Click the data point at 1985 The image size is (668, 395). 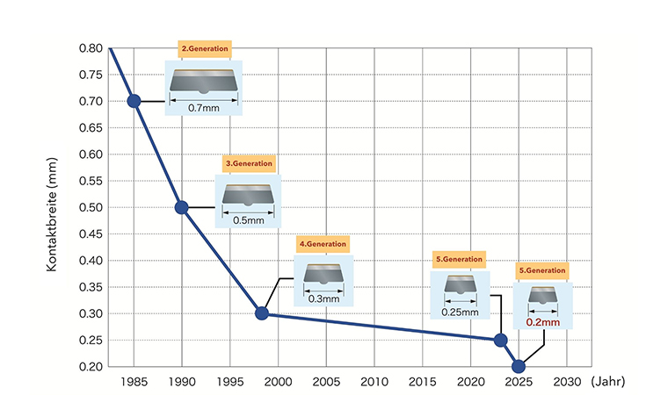click(134, 101)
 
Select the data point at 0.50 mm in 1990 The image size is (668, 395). click(182, 207)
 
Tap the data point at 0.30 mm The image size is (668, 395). click(261, 313)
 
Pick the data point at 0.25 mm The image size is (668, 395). click(501, 340)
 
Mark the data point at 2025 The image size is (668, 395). click(519, 366)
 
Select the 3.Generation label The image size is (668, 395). click(250, 163)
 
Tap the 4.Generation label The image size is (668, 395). click(323, 243)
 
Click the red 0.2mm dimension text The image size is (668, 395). click(543, 322)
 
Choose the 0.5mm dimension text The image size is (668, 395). click(248, 220)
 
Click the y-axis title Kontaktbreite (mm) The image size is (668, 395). click(52, 207)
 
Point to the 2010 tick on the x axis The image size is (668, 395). click(374, 383)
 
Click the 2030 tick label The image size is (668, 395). click(566, 383)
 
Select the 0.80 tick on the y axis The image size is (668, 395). click(91, 48)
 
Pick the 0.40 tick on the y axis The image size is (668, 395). click(91, 261)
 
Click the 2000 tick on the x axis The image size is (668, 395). click(278, 383)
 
